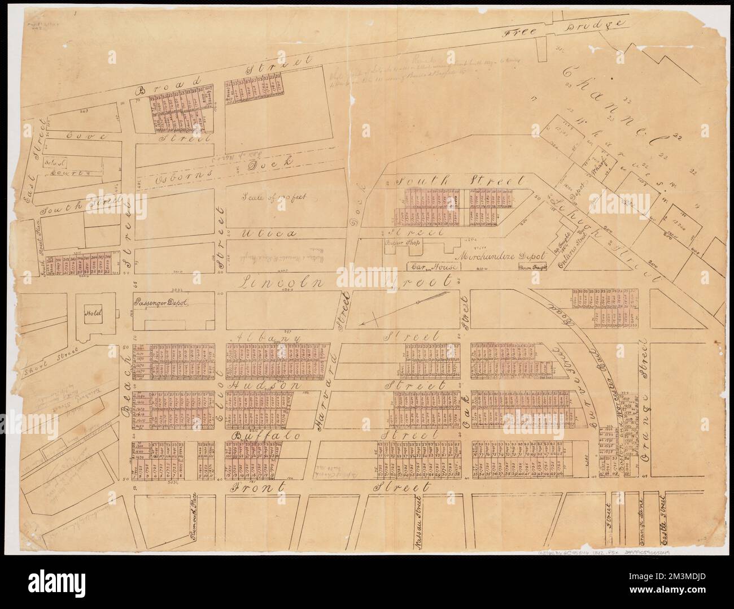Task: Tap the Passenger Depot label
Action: pyautogui.click(x=160, y=303)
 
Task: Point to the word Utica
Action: pyautogui.click(x=261, y=233)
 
